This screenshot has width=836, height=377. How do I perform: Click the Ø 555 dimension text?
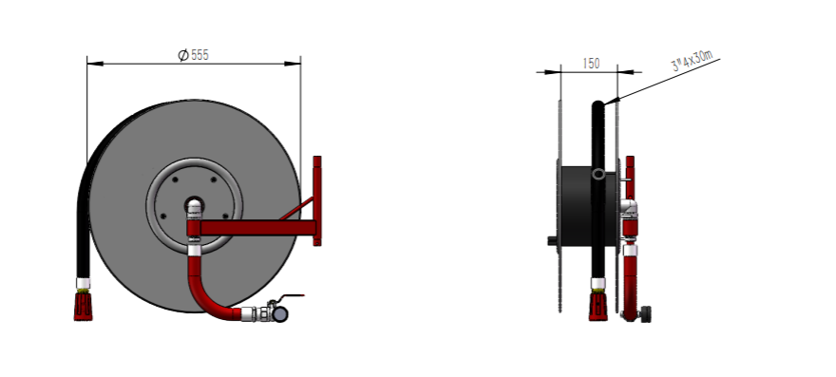click(x=193, y=55)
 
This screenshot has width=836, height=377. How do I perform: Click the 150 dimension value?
click(x=591, y=64)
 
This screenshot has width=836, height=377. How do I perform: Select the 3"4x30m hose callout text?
click(x=692, y=60)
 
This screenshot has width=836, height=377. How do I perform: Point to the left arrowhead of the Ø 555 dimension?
click(x=95, y=64)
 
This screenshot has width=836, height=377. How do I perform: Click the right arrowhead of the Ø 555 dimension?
click(x=293, y=64)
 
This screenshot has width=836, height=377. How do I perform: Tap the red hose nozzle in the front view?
click(x=83, y=306)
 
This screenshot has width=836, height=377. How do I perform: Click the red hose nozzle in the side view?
click(x=598, y=306)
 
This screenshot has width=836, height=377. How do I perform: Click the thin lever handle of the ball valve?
click(x=293, y=296)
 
